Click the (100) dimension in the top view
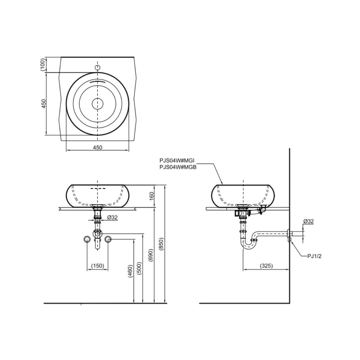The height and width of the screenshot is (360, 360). [x=43, y=65]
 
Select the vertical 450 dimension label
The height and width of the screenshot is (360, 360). [x=44, y=104]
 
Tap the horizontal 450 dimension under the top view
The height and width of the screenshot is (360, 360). [x=98, y=147]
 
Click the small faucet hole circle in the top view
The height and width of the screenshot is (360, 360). [x=98, y=67]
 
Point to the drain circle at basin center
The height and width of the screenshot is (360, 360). [x=98, y=104]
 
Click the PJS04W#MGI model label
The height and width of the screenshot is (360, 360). [x=177, y=160]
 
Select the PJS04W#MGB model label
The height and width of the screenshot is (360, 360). [x=178, y=167]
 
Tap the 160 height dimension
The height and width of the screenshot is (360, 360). [x=152, y=196]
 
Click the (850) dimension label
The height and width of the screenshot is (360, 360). [x=161, y=244]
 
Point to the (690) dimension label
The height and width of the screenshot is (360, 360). [x=151, y=255]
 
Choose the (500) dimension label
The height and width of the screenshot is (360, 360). [x=139, y=268]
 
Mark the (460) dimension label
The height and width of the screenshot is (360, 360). [x=130, y=271]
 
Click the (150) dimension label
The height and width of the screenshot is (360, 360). [x=98, y=266]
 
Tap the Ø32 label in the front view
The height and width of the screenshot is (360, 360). [x=113, y=217]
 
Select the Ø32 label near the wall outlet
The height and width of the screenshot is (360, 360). [x=308, y=221]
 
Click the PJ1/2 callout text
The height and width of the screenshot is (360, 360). [x=314, y=256]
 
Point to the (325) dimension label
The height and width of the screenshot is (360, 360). [x=266, y=266]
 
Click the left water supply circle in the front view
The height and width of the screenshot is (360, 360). [x=87, y=239]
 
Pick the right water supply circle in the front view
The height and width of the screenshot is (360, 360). [x=108, y=239]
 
